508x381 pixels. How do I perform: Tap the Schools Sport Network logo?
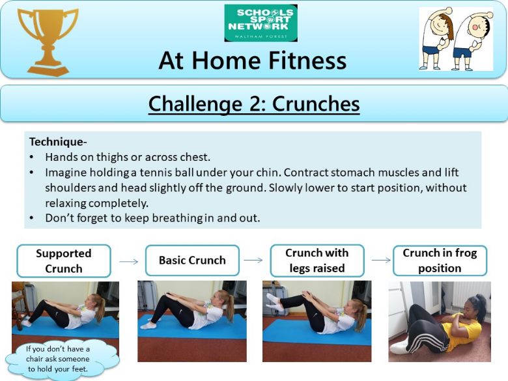261,23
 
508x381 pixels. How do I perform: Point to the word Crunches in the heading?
316,104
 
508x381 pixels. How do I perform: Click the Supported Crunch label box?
64,261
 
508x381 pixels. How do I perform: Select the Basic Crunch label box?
192,261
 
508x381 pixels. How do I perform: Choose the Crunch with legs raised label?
317,261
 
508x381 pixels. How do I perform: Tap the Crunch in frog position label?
440,261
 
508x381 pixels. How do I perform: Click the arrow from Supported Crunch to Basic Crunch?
129,261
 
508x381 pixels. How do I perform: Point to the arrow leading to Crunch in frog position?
381,260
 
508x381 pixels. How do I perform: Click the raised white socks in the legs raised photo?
274,302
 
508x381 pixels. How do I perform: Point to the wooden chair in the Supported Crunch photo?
19,303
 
